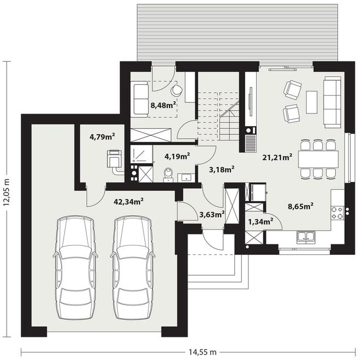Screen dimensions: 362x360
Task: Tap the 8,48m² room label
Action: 163,105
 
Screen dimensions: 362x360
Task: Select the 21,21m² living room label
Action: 278,157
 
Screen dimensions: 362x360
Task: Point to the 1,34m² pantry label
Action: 261,221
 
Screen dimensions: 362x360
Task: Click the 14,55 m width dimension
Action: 203,352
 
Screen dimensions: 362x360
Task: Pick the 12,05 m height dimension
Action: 7,192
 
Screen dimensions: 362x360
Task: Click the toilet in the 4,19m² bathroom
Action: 168,175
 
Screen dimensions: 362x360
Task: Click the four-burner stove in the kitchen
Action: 337,213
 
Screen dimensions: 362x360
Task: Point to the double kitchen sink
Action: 306,237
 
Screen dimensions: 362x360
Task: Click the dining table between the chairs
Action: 318,159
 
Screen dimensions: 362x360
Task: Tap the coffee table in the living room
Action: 312,102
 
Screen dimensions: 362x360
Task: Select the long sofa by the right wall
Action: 332,102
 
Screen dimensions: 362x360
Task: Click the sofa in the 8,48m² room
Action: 139,99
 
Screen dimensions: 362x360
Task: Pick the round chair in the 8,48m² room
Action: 177,90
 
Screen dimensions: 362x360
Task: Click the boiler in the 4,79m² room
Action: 114,158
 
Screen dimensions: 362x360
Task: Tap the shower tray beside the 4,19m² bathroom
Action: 142,154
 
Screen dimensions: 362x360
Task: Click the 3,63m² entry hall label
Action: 212,215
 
